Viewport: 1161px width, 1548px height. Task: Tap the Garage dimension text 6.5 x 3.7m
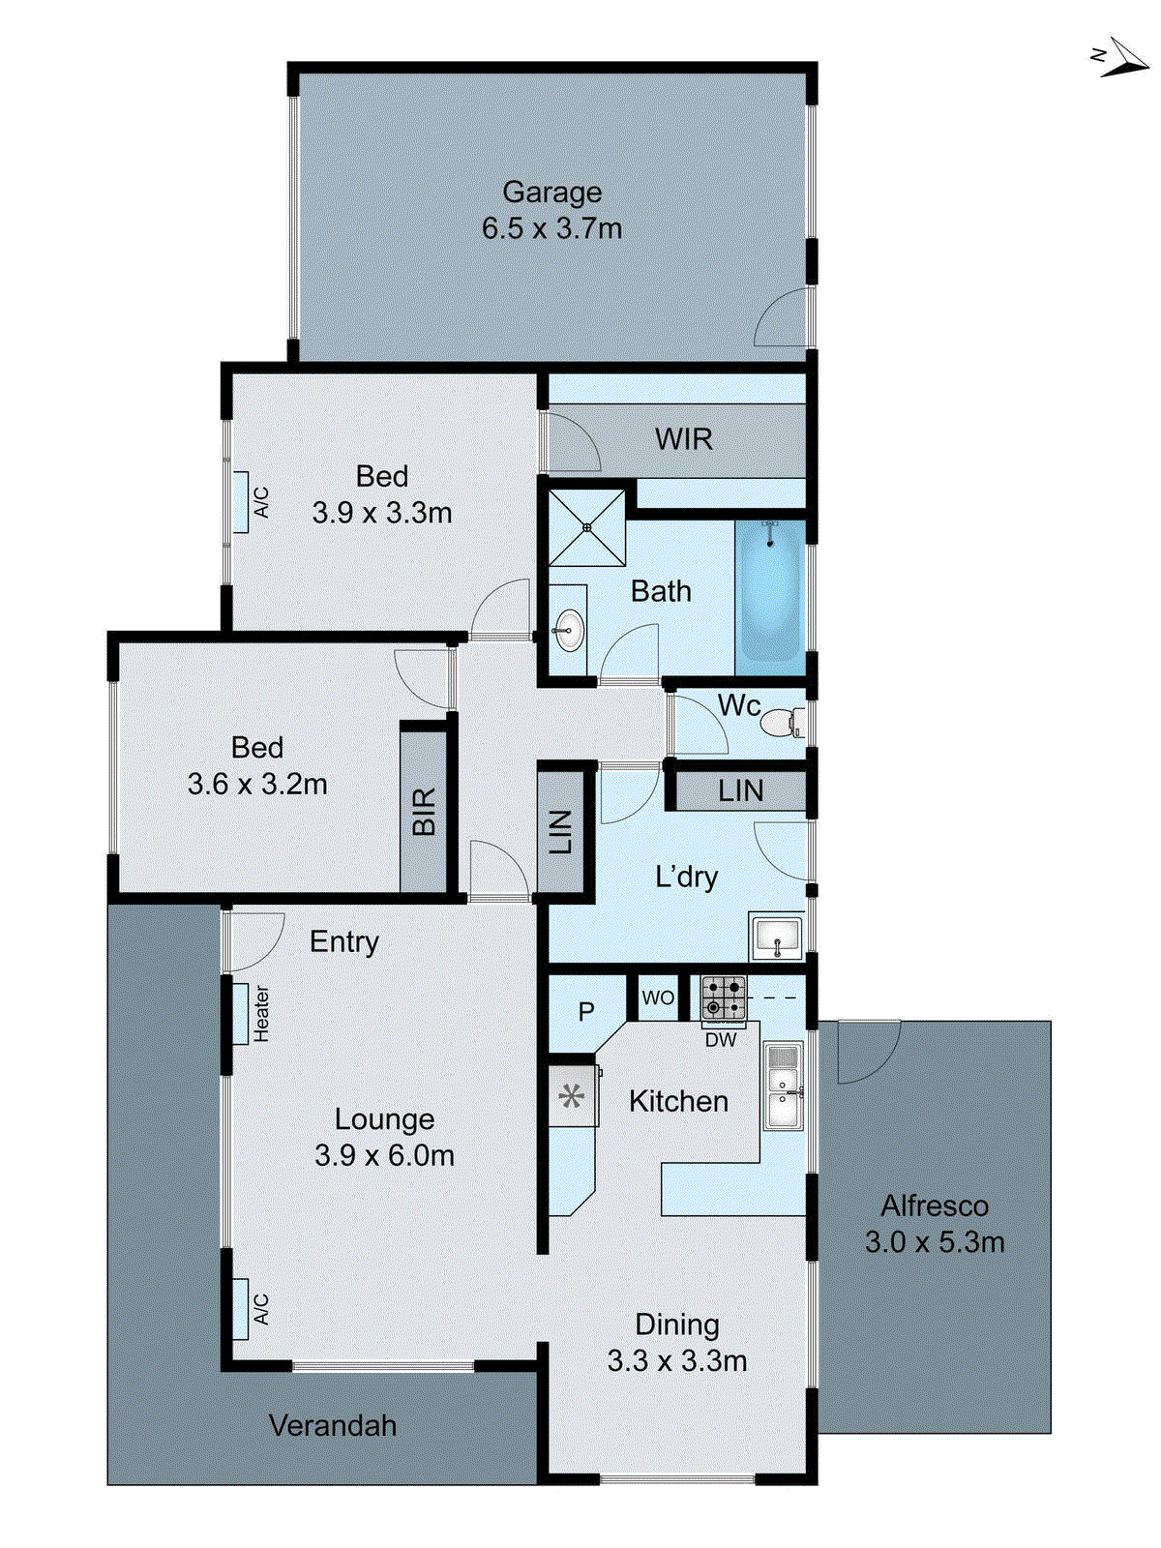(x=551, y=229)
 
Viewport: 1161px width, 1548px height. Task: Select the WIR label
(x=683, y=439)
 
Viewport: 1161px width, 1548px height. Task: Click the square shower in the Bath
(x=587, y=527)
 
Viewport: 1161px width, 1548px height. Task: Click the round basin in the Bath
(x=569, y=631)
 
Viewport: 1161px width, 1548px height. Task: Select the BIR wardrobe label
(x=424, y=811)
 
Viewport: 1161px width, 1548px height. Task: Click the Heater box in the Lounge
(x=242, y=1013)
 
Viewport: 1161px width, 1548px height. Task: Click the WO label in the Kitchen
(x=658, y=997)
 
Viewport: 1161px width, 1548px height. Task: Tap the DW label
(x=720, y=1041)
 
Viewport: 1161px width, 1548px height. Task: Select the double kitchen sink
(x=783, y=1086)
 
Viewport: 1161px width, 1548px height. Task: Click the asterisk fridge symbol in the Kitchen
(x=572, y=1096)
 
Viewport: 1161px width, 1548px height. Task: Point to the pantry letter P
(x=586, y=1012)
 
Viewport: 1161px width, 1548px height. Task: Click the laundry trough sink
(x=777, y=937)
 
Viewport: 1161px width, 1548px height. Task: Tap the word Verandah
(x=332, y=1425)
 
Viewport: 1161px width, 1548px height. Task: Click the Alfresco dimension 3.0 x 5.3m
(x=934, y=1242)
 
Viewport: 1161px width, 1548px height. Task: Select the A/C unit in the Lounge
(x=242, y=1308)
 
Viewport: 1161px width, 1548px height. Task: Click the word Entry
(x=343, y=941)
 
